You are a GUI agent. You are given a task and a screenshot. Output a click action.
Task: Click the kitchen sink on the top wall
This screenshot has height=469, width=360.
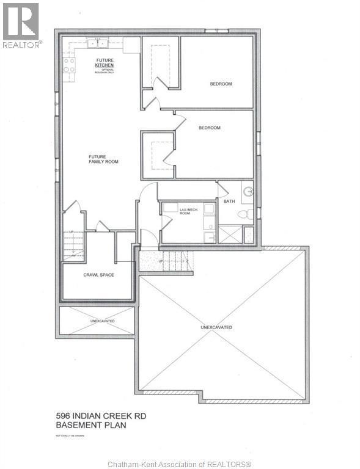point(97,43)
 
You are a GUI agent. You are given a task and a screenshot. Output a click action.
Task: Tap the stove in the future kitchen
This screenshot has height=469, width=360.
point(68,64)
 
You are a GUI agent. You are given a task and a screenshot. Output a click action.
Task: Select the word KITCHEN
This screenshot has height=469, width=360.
point(105,64)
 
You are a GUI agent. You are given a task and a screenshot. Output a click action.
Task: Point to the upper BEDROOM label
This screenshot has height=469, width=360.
point(221,84)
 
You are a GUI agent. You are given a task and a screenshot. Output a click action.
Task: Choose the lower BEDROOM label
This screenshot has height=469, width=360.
point(209,128)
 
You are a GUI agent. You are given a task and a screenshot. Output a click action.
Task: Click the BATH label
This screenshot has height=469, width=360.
point(229,201)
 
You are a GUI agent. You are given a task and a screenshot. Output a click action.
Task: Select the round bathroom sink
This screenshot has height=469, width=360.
point(248,192)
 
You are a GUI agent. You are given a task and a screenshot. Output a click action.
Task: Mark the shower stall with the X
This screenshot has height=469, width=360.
point(230,234)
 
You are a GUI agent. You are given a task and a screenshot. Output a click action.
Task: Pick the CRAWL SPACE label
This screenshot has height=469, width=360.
point(98,275)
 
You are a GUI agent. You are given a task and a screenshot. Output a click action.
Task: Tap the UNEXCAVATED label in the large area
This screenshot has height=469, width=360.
point(216,327)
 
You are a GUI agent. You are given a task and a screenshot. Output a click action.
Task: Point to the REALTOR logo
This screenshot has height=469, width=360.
point(21,24)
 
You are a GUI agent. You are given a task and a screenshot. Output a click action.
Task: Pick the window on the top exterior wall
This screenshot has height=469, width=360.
point(216,31)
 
